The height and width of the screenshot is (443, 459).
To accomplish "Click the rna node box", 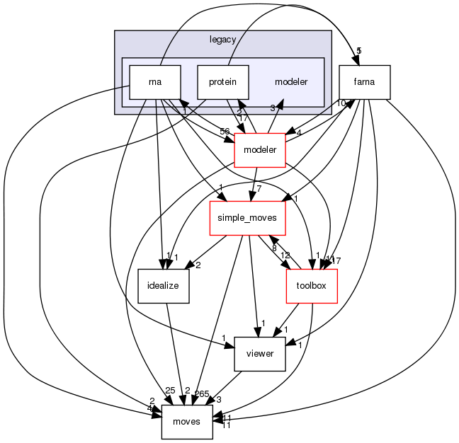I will click(x=154, y=82).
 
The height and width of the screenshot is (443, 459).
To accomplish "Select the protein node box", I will click(x=222, y=82).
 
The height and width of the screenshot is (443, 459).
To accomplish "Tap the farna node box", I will click(x=365, y=82).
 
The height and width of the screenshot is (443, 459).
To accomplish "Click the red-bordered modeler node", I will click(x=259, y=150).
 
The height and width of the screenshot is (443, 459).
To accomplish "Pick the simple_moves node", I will click(x=246, y=218).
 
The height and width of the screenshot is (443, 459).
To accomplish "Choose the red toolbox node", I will click(x=311, y=286).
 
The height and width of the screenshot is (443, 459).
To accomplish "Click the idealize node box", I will click(x=163, y=286).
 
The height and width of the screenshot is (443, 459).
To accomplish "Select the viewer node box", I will click(x=259, y=354).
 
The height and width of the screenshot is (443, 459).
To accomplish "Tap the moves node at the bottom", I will click(x=187, y=422).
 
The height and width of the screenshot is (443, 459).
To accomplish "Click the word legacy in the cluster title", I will click(x=222, y=40).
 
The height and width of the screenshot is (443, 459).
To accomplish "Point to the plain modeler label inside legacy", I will click(x=290, y=82).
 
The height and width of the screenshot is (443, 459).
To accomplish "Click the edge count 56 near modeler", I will click(x=225, y=132).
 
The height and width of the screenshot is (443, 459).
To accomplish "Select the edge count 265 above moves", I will click(x=203, y=394).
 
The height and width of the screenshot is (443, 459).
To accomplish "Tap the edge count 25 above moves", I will click(x=169, y=391).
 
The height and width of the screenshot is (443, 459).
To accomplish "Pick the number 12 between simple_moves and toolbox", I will click(x=285, y=254).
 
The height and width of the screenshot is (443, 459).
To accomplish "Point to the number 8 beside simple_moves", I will click(x=274, y=248).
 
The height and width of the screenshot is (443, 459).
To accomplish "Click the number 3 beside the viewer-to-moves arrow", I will click(x=218, y=400).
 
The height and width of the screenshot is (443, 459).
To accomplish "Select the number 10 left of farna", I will click(x=341, y=103).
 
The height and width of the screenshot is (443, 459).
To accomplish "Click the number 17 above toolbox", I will click(x=336, y=260).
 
